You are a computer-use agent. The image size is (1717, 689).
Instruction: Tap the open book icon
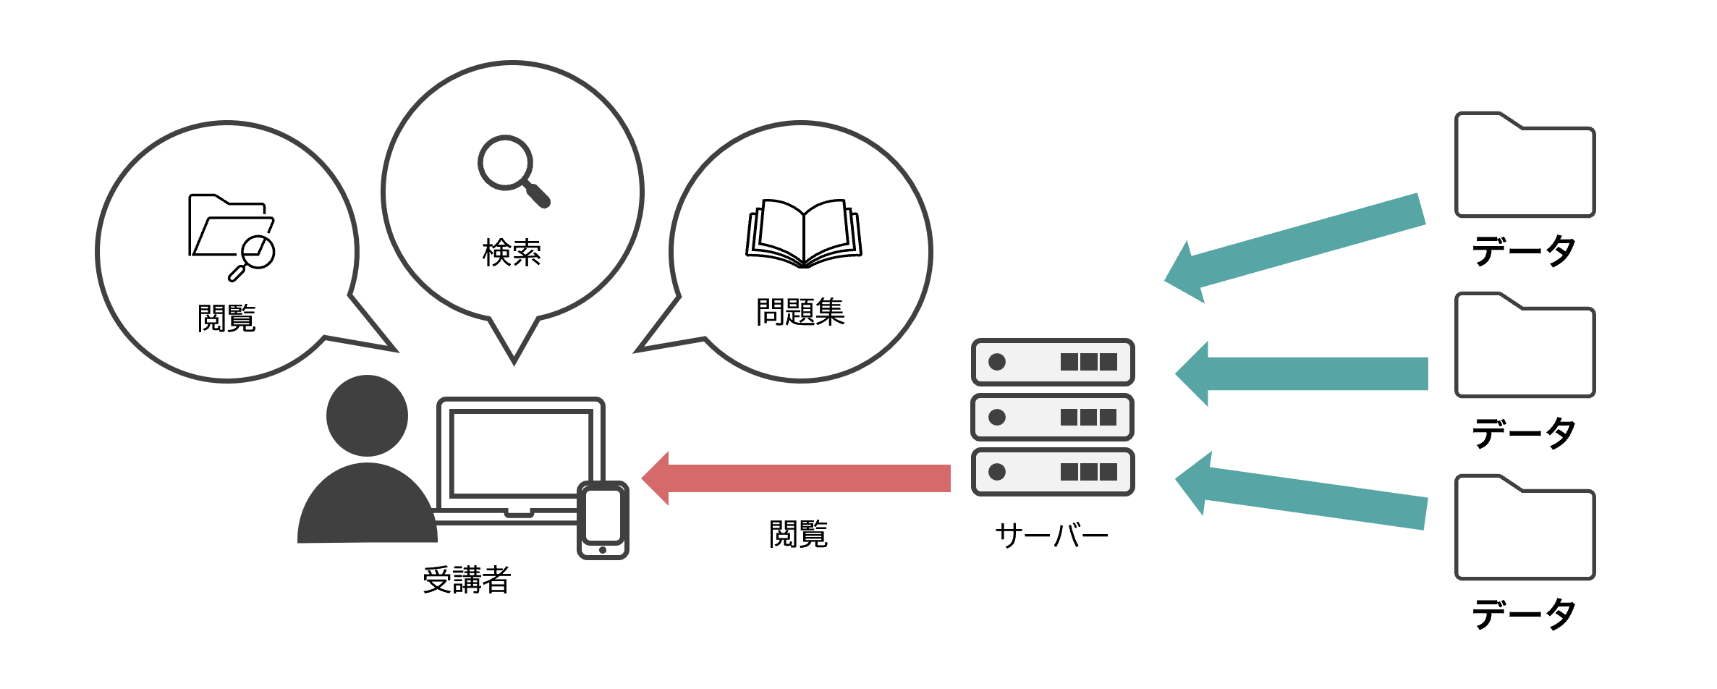point(804,233)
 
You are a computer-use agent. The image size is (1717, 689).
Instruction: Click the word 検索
point(512,253)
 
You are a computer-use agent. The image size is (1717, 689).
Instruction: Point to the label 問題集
point(800,312)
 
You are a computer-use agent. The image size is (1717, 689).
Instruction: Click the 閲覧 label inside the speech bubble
point(226,318)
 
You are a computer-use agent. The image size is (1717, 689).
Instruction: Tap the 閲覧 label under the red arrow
point(798,534)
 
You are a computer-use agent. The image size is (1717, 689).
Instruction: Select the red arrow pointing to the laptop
point(796,478)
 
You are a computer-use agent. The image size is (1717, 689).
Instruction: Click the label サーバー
point(1051,536)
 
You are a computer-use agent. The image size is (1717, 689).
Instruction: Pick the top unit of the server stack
point(1053,362)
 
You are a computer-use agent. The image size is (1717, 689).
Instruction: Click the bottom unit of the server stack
point(1053,472)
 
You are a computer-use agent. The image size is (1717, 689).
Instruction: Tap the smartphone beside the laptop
point(603,520)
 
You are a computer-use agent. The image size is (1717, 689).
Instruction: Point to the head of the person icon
point(367,415)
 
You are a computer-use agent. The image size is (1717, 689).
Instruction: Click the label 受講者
point(467,580)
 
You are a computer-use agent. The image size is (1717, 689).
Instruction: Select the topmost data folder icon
point(1525,164)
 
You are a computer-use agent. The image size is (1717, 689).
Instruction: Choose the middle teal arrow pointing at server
point(1302,373)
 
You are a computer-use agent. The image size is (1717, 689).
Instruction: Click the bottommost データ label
point(1524,614)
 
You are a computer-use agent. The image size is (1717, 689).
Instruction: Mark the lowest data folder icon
point(1525,528)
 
